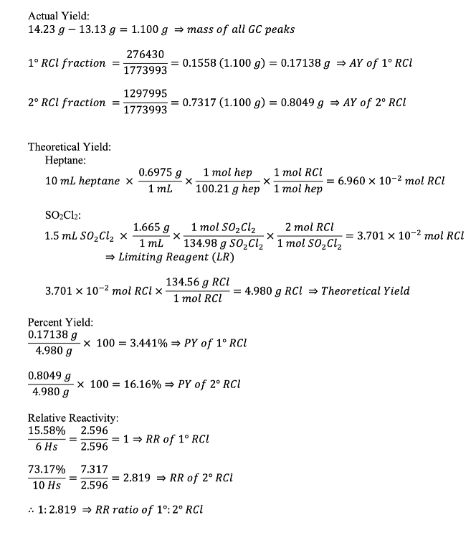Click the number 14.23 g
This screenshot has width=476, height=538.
tap(44, 29)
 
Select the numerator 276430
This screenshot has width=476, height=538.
tap(146, 55)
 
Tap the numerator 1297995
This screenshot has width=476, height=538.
tap(146, 94)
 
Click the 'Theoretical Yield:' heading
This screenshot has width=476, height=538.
tap(70, 147)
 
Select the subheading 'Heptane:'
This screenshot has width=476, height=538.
tap(66, 161)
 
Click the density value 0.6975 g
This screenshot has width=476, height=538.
tap(160, 173)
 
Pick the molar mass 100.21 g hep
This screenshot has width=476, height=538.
tap(227, 189)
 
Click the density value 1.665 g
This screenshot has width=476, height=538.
tap(151, 227)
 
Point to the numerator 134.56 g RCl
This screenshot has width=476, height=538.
tap(198, 282)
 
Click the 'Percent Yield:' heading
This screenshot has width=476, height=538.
tap(60, 322)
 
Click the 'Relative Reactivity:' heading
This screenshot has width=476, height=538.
tap(72, 418)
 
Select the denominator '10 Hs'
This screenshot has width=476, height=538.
tap(47, 486)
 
